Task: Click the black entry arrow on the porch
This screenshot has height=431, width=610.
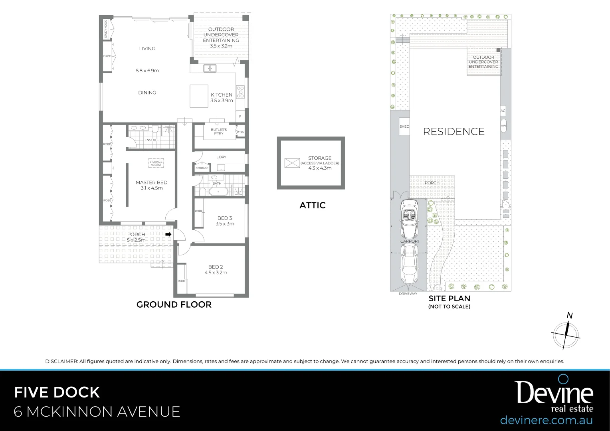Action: point(168,235)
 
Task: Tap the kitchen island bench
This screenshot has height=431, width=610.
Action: point(198,96)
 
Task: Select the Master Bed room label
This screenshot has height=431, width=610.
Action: point(151,182)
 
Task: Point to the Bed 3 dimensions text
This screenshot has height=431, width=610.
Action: point(225,224)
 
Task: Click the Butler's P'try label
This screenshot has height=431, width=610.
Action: point(219,132)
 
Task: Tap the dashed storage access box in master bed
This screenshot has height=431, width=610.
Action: point(156,163)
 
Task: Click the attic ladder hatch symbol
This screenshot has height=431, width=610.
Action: point(292,163)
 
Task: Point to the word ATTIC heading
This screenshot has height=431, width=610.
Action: point(313,206)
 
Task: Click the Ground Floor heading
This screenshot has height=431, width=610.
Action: point(174,304)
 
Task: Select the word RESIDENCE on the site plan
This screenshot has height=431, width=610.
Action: point(454,132)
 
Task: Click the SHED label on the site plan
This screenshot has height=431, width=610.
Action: point(404,127)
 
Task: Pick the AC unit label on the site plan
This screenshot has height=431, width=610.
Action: point(503,111)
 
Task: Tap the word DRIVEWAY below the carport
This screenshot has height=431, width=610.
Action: point(408,294)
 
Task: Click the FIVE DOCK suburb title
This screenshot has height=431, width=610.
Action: point(57,392)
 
